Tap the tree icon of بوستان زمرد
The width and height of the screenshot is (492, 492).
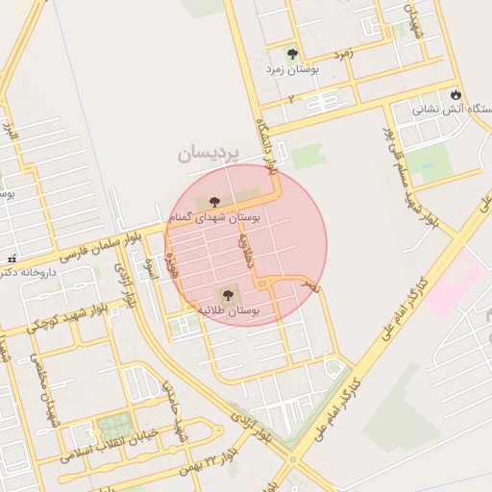[x=292, y=54]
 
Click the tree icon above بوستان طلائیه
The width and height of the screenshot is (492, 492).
[x=228, y=296]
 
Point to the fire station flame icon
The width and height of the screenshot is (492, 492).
[x=455, y=95]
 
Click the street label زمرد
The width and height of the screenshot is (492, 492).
[x=344, y=55]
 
